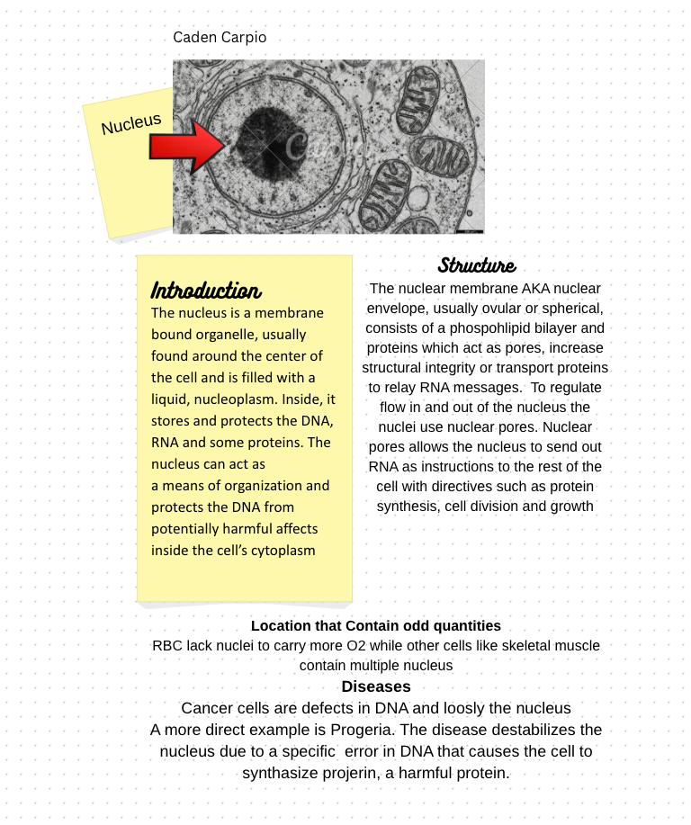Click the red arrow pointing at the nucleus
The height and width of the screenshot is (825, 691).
tap(184, 147)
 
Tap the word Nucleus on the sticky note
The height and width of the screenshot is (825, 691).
tap(131, 124)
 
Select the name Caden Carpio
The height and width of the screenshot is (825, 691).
tap(220, 38)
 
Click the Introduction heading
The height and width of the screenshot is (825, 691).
tap(206, 291)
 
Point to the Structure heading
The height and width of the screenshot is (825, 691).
tap(477, 265)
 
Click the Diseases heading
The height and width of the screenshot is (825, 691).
tap(376, 686)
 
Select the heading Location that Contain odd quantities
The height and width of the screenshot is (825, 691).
tap(376, 625)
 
